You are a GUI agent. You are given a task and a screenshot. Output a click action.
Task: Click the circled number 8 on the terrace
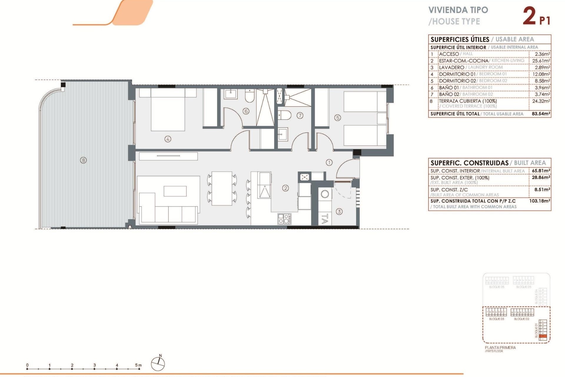coord(84,160)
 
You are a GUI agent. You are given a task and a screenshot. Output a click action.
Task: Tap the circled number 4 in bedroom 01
coord(168,139)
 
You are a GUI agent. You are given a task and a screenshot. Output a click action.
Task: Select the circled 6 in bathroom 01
coord(246,111)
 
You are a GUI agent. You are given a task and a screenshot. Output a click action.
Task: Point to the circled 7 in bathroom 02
coord(300,115)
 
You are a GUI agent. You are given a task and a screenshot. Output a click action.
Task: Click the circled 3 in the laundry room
coord(339,211)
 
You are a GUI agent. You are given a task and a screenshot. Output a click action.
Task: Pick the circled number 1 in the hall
coord(329,162)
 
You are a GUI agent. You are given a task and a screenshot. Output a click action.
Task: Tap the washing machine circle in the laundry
coord(325,194)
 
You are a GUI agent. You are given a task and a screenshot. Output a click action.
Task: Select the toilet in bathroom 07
coord(285,115)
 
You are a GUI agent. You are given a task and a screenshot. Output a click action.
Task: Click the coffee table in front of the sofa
coord(175,191)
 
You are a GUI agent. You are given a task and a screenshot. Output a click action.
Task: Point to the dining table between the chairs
coord(222,188)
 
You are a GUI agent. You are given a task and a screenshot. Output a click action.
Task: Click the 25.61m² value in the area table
coord(541,61)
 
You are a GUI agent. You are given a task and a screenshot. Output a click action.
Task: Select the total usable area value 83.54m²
coord(541,114)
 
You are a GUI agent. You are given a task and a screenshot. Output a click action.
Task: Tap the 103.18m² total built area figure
coord(540,201)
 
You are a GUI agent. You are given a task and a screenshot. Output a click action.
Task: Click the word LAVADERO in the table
coord(451,67)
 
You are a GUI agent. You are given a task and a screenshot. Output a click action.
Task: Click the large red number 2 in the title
coord(529,16)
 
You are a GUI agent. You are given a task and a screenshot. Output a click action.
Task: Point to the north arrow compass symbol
coord(158,363)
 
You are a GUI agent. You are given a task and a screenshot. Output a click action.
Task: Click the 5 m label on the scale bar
coord(138,365)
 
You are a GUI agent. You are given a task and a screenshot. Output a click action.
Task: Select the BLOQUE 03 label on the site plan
coord(496,319)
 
